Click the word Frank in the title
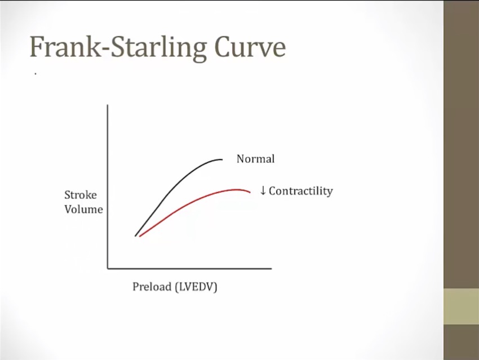pyautogui.click(x=65, y=47)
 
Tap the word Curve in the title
pyautogui.click(x=250, y=47)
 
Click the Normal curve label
pyautogui.click(x=256, y=159)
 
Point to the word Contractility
pyautogui.click(x=301, y=191)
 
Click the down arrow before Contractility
pyautogui.click(x=263, y=190)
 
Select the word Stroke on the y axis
pyautogui.click(x=81, y=195)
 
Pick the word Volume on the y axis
pyautogui.click(x=84, y=209)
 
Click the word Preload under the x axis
pyautogui.click(x=152, y=287)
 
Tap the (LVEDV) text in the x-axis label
pyautogui.click(x=196, y=287)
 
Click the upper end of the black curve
pyautogui.click(x=223, y=159)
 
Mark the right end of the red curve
pyautogui.click(x=250, y=192)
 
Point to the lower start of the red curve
pyautogui.click(x=140, y=236)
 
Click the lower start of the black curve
pyautogui.click(x=135, y=235)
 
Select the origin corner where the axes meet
pyautogui.click(x=108, y=269)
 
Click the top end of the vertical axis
pyautogui.click(x=108, y=105)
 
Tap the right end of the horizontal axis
pyautogui.click(x=271, y=269)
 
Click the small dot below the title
pyautogui.click(x=36, y=74)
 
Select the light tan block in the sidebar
pyautogui.click(x=462, y=307)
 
